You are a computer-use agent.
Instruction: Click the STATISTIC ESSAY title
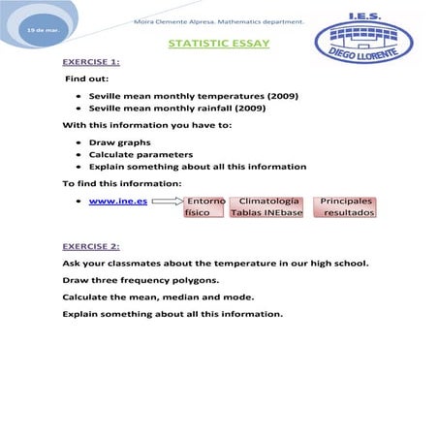[x=219, y=44]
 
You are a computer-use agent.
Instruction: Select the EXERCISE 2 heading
[x=91, y=246]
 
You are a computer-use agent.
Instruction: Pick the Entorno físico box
[x=204, y=206]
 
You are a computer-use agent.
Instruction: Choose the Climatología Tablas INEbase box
[x=266, y=206]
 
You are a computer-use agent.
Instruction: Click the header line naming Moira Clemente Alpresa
[x=218, y=19]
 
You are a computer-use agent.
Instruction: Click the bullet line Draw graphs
[x=119, y=141]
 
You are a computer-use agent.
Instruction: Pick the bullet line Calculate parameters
[x=141, y=154]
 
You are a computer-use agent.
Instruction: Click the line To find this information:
[x=121, y=183]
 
